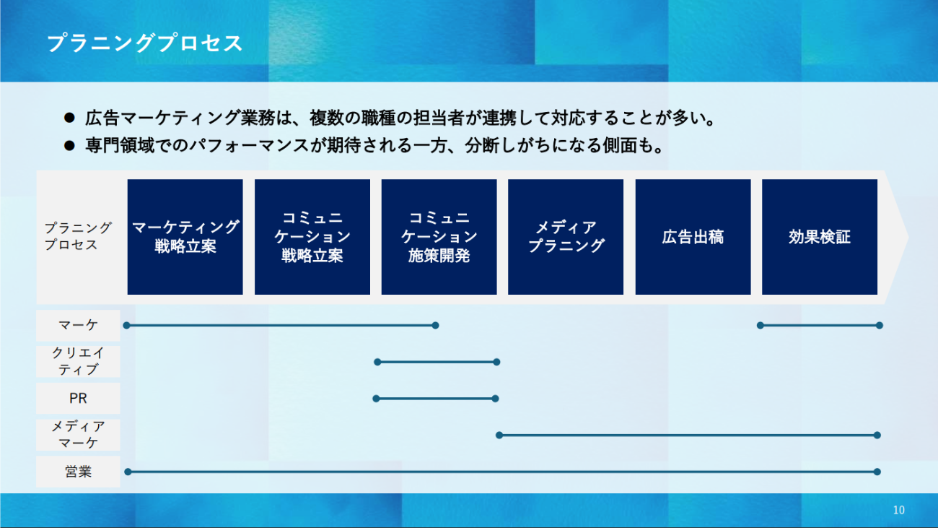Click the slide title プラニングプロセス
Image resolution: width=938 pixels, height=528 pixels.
point(145,43)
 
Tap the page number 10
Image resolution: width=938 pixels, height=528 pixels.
point(898,510)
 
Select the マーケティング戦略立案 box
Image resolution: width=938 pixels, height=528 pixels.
point(185,237)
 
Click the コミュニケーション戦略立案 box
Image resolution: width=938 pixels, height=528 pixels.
point(312,237)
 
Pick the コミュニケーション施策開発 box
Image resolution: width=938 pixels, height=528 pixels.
point(439,237)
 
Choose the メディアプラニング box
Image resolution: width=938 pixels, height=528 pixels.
point(566,237)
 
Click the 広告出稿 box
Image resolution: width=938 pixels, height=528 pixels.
point(693,237)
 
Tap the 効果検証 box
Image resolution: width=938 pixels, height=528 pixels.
point(820,237)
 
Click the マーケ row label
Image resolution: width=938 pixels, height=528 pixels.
point(78,326)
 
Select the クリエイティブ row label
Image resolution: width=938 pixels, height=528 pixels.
point(78,362)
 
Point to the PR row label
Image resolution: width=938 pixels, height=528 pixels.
point(78,398)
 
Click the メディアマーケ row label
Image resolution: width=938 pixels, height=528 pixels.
point(78,435)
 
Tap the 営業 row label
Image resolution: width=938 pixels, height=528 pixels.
point(78,472)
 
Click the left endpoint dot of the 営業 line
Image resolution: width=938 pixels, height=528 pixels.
point(128,472)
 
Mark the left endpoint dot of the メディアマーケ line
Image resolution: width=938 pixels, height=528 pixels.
point(499,436)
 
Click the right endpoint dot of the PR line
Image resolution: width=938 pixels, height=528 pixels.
point(496,399)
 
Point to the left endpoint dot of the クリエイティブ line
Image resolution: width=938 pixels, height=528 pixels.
point(377,362)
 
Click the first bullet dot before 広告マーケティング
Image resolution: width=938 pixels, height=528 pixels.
point(69,118)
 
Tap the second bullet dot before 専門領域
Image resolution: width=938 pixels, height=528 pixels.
point(69,146)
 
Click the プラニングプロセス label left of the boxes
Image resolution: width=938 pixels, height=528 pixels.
point(78,236)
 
